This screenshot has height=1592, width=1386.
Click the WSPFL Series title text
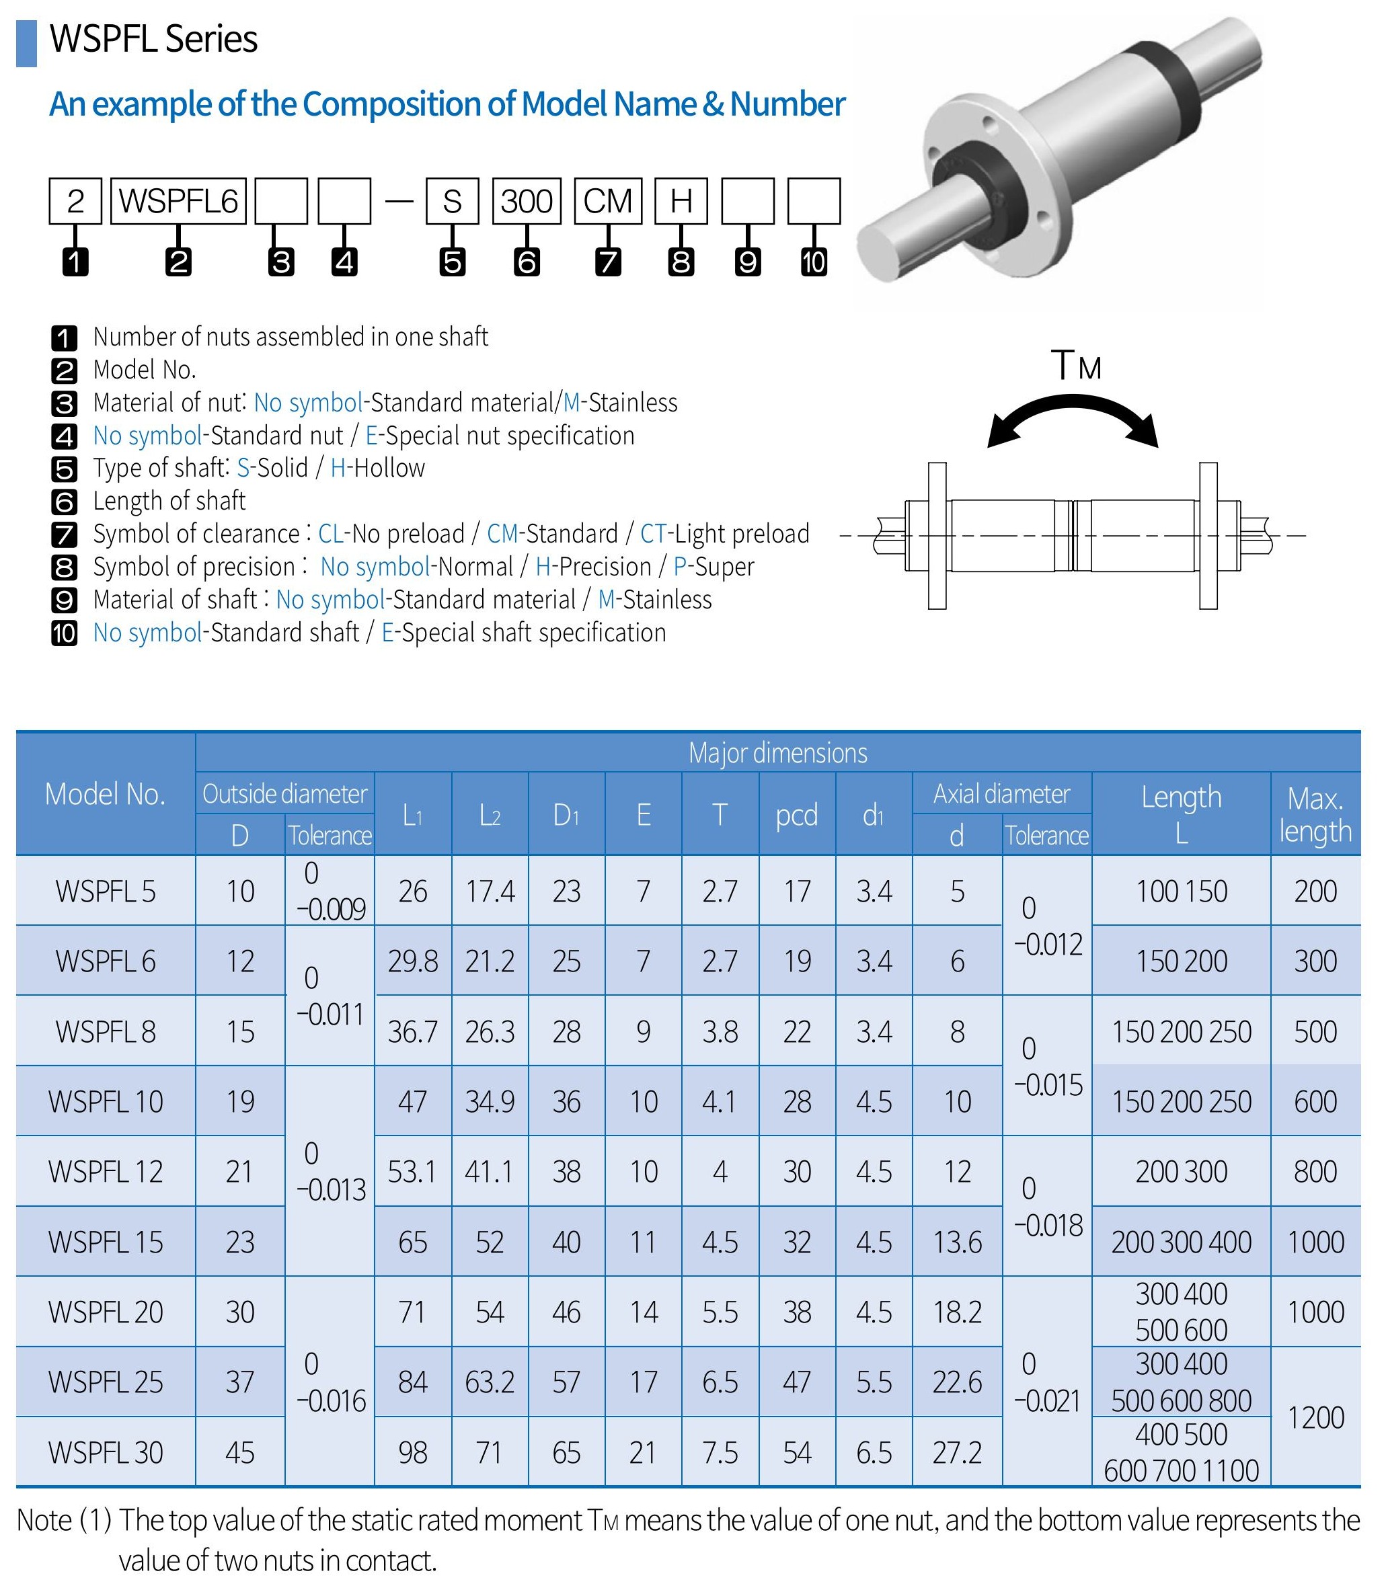(153, 40)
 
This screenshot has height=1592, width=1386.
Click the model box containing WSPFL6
(178, 201)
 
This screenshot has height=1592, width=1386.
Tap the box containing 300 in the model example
(526, 201)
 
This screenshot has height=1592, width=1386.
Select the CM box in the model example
(608, 201)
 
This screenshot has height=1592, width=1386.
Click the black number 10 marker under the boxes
(814, 262)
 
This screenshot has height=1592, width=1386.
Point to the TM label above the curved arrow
(1076, 365)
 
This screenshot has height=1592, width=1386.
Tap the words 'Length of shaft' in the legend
(169, 501)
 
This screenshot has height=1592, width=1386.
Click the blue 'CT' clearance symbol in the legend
(653, 534)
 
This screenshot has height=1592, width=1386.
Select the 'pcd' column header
(797, 814)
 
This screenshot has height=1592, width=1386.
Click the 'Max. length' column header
(1315, 814)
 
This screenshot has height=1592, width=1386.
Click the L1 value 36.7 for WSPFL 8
(412, 1031)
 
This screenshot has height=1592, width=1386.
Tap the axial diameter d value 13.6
(957, 1242)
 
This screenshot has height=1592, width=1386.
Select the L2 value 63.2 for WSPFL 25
(490, 1382)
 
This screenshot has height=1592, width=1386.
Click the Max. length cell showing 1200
(1315, 1417)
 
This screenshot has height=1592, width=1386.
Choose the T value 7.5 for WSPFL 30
(720, 1453)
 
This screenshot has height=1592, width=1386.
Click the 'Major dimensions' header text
(777, 752)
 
